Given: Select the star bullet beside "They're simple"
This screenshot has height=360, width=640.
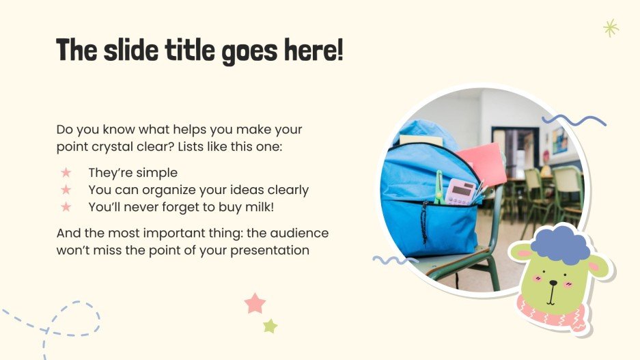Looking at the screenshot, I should coord(66,173).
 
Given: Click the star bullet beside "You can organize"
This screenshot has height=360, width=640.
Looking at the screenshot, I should coord(66,189).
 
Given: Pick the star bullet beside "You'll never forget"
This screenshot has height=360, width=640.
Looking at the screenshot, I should coord(66,206).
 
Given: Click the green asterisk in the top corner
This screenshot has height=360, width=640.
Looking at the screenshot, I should coord(611,27).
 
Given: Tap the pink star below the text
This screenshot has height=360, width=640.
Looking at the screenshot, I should coord(255,303).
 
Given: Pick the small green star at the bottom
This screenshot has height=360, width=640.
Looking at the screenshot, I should coord(270,326).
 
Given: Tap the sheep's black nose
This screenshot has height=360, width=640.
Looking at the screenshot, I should coord(552,282).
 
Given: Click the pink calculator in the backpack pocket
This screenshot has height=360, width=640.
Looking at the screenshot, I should coord(460,191).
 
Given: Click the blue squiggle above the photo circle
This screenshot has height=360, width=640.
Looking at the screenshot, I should coord(574,122).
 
